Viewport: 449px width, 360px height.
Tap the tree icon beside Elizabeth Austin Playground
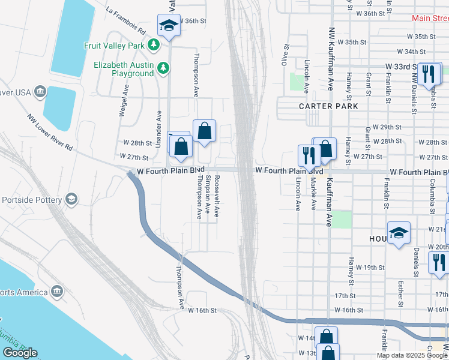point(162,68)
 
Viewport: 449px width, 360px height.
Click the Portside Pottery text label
point(31,200)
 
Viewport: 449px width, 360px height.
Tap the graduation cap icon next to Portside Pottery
point(71,199)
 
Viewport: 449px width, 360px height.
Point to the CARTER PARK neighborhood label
point(328,106)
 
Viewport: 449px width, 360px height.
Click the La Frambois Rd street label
point(125,20)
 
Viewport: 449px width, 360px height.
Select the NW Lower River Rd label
point(51,131)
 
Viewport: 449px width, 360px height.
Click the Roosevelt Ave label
point(217,196)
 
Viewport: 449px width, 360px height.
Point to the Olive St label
point(286,54)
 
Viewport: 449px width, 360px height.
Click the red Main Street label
point(430,18)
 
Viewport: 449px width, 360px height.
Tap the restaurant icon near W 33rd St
point(428,73)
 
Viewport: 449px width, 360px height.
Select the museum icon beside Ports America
point(57,292)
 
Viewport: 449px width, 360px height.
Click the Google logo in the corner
point(20,352)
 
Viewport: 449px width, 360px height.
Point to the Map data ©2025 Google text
point(412,355)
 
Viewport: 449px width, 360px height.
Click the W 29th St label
point(386,127)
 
